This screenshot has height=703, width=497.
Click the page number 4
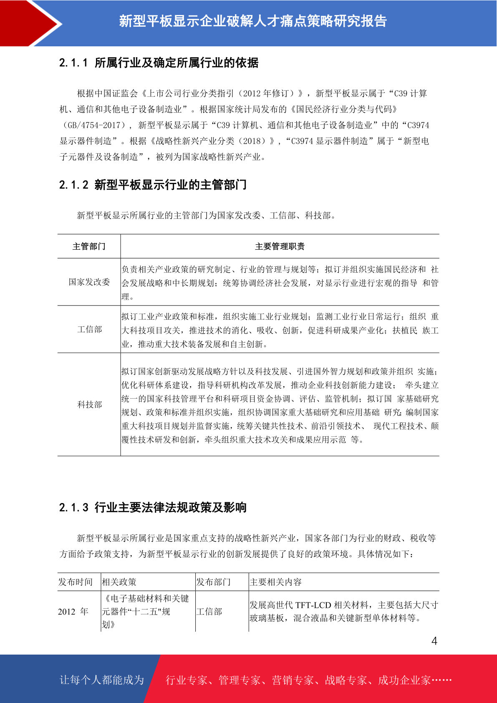coord(434,641)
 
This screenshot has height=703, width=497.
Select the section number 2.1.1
coord(73,63)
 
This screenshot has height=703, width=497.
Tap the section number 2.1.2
coord(73,185)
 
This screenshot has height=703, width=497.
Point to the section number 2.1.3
coord(73,508)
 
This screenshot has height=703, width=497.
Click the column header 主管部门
coord(89,247)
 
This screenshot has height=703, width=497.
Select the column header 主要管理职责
coord(280,247)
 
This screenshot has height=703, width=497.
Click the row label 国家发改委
coord(89,282)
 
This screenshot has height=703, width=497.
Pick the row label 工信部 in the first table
coord(90,330)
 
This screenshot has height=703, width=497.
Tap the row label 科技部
coord(90,405)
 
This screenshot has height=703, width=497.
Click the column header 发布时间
coord(76,582)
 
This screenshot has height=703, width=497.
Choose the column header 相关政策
coord(119,582)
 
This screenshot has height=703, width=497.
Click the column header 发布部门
coord(213,582)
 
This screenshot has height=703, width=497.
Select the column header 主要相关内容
coord(275,582)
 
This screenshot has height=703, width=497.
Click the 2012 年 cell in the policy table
coord(73,612)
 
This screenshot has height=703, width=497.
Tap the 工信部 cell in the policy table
coord(209,612)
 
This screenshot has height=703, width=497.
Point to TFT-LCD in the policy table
coord(313,605)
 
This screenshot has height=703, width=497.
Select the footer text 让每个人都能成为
coord(102,680)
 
